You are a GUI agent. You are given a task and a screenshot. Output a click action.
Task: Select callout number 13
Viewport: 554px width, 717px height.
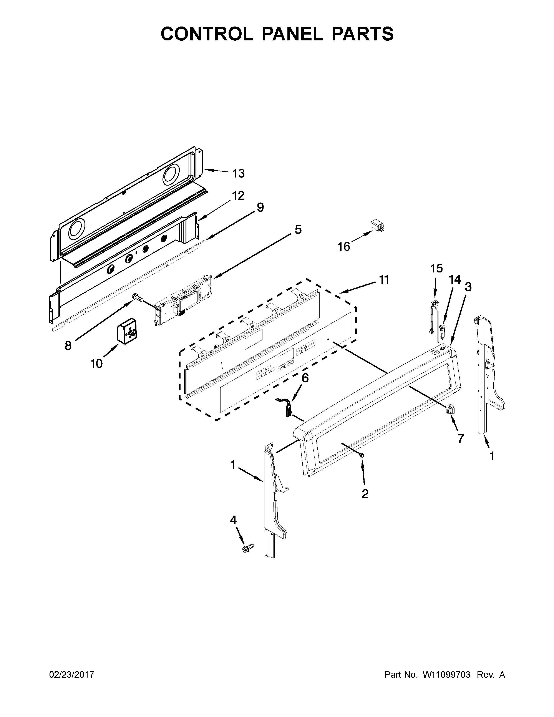(x=238, y=173)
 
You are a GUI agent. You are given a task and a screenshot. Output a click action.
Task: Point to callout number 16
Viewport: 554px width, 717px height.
(x=344, y=246)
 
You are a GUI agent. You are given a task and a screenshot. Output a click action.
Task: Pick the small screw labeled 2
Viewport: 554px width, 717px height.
(x=362, y=455)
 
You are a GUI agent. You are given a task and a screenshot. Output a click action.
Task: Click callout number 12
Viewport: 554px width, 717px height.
(x=238, y=196)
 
